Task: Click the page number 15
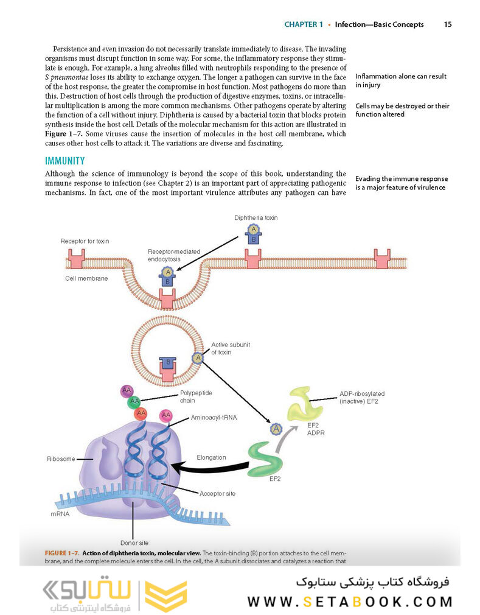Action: pos(447,25)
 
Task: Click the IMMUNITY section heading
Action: pos(65,161)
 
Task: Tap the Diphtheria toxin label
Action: pos(256,217)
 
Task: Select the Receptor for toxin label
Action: pos(85,241)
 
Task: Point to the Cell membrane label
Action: pos(86,278)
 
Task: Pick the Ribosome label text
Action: pos(60,459)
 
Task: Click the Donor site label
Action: pos(134,542)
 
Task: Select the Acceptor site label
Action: pos(217,493)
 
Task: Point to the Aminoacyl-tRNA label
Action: pos(214,418)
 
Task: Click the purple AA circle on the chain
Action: pos(127,390)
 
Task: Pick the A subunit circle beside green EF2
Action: pos(277,429)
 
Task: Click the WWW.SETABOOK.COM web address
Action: pos(350,602)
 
